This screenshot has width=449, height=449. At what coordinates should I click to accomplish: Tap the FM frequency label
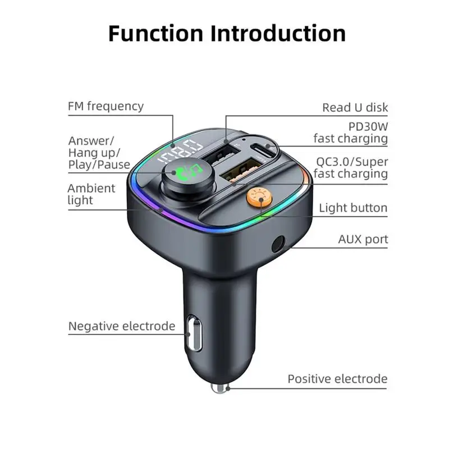point(106,106)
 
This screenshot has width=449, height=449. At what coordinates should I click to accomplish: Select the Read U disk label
point(355,107)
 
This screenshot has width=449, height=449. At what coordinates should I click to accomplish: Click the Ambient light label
point(91,194)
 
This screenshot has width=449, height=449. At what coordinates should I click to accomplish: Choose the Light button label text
point(353,208)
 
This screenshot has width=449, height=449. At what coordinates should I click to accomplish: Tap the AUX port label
point(363,239)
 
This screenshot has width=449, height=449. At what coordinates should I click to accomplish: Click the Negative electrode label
point(122,326)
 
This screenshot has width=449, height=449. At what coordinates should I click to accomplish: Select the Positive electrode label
point(337,379)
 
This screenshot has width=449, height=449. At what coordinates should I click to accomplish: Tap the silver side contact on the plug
point(194,333)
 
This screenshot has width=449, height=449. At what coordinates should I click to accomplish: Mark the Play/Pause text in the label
point(99,165)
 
